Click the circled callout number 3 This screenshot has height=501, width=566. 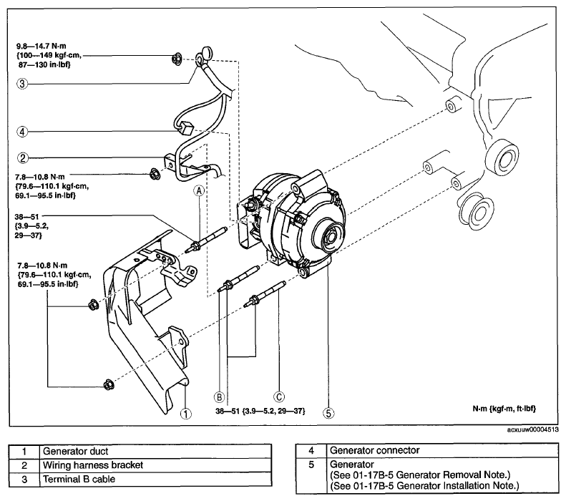click(x=22, y=84)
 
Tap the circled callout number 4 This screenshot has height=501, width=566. click(x=22, y=132)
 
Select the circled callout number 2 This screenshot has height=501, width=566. click(x=23, y=157)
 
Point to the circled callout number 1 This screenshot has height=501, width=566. click(x=186, y=414)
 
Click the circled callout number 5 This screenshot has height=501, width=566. click(x=328, y=413)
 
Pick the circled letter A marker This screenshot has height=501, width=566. click(x=199, y=191)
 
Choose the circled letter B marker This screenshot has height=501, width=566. click(x=220, y=397)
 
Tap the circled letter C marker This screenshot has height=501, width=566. click(x=279, y=397)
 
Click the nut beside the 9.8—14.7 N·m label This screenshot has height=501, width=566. click(x=177, y=59)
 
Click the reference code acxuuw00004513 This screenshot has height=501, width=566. click(x=533, y=430)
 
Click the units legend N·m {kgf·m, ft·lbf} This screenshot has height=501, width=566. click(x=504, y=409)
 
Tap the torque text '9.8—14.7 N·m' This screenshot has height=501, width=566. click(x=42, y=47)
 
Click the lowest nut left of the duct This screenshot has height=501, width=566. click(x=108, y=385)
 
